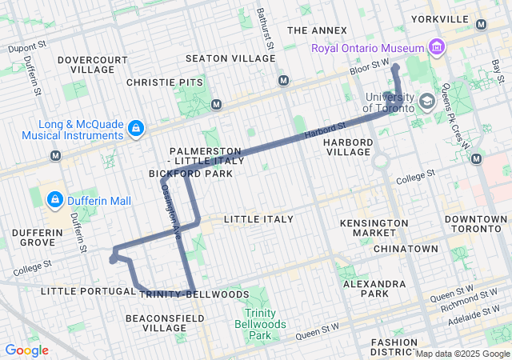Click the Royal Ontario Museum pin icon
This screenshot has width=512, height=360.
[x=437, y=49]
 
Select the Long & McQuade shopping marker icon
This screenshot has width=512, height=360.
[x=136, y=127]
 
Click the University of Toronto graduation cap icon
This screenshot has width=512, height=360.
[x=427, y=102]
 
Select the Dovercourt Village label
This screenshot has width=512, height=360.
[x=93, y=65]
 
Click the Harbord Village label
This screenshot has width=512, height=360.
[x=348, y=147]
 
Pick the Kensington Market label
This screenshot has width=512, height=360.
[x=368, y=227]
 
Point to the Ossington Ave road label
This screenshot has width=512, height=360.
[x=169, y=205]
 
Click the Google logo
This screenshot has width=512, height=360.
[x=26, y=350]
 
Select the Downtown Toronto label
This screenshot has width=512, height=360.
[x=475, y=224]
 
